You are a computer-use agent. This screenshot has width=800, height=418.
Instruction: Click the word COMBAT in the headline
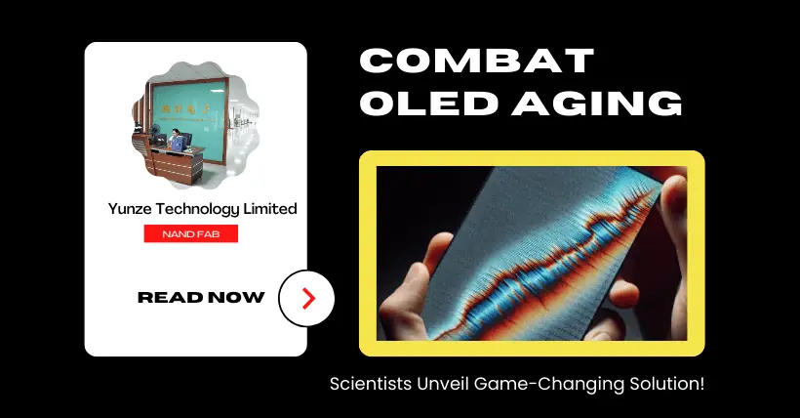(477, 61)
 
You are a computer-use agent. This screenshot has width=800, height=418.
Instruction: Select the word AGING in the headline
(597, 103)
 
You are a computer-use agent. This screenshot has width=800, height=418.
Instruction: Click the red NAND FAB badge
(191, 233)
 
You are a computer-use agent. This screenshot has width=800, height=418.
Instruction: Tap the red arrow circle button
(306, 299)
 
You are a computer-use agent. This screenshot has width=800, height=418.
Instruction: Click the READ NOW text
(201, 298)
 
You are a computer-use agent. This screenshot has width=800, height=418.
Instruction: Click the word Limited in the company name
(270, 208)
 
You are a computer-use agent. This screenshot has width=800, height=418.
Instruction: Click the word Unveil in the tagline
(443, 384)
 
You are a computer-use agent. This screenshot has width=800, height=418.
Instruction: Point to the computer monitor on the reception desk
(160, 138)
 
